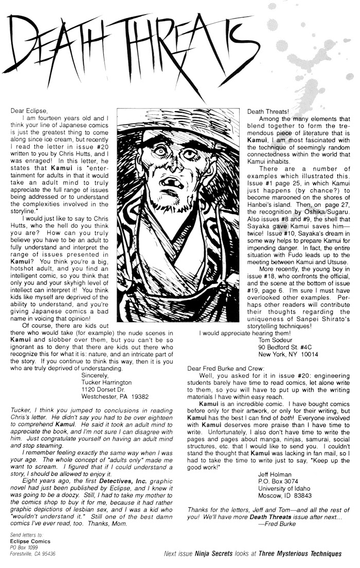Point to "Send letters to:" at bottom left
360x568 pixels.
[27, 536]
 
